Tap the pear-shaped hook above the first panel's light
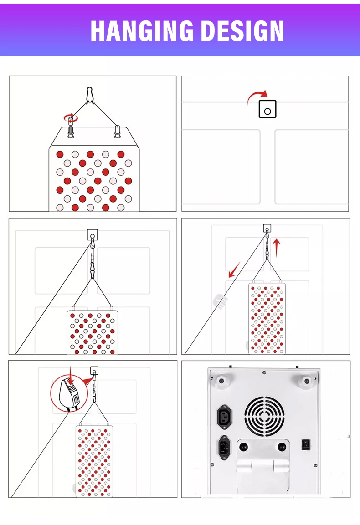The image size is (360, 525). [x=89, y=94]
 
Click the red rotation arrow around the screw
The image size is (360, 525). [x=71, y=117]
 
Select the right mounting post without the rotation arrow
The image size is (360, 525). [x=117, y=131]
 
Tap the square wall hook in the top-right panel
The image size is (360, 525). [x=267, y=109]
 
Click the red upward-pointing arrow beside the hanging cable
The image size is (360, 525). [x=277, y=247]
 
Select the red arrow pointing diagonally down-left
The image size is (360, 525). [x=234, y=270]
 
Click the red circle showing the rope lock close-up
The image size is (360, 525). [x=69, y=393]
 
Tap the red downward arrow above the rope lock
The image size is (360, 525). [x=70, y=376]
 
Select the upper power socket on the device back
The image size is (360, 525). [x=224, y=417]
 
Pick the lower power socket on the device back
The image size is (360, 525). [x=224, y=448]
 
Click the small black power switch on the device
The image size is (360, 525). [x=306, y=445]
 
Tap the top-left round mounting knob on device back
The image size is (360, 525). [x=221, y=381]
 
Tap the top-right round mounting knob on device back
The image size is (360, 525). [x=306, y=381]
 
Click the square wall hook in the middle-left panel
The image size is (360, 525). [x=93, y=234]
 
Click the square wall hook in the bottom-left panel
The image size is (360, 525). [x=94, y=371]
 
